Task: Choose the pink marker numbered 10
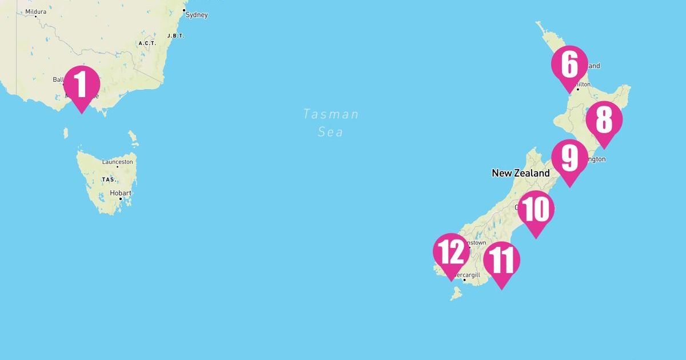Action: click(x=536, y=210)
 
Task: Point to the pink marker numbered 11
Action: click(x=501, y=261)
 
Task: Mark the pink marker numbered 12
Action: click(x=451, y=252)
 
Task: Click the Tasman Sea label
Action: click(x=331, y=123)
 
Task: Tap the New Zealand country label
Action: click(x=520, y=173)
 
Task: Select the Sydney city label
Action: click(x=197, y=15)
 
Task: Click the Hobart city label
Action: click(x=120, y=193)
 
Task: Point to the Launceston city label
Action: click(x=117, y=162)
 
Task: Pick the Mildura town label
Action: click(x=35, y=11)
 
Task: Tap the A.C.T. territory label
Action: click(x=147, y=43)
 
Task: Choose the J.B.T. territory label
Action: click(x=176, y=35)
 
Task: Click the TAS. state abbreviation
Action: click(x=109, y=179)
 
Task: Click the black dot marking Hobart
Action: click(x=120, y=199)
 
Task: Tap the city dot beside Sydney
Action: click(x=184, y=10)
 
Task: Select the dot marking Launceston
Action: click(x=117, y=167)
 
